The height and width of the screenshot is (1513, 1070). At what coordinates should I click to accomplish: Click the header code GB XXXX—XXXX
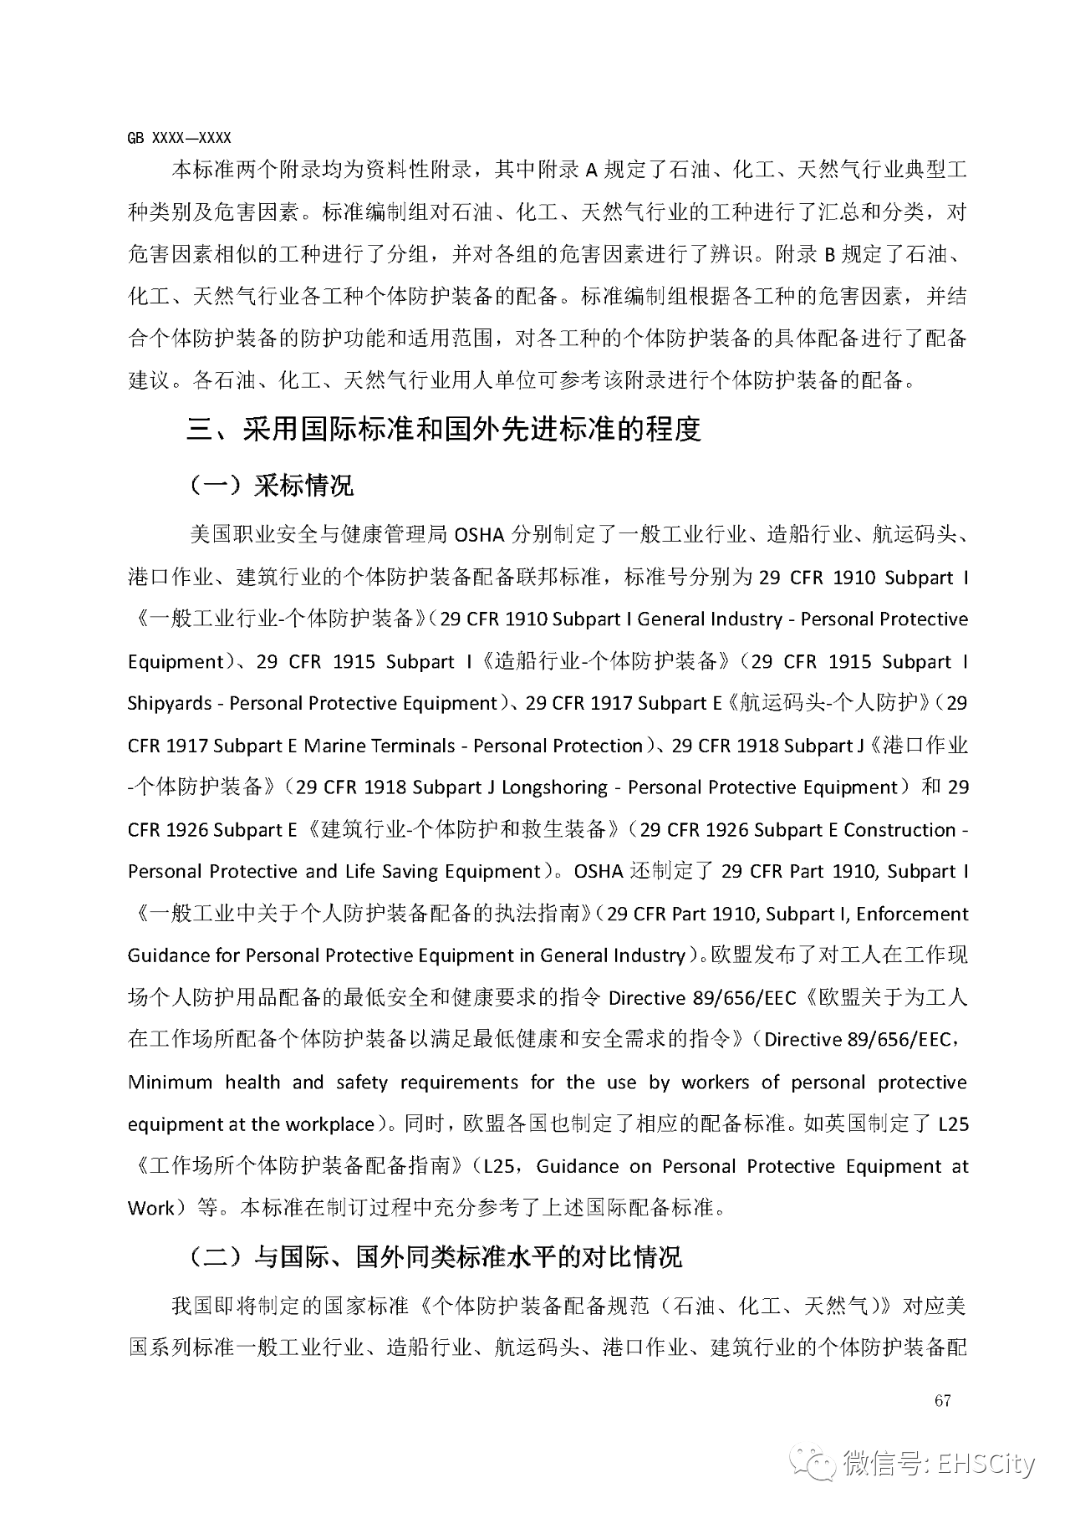coord(179,138)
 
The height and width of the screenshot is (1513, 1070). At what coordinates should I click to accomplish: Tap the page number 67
coord(943,1401)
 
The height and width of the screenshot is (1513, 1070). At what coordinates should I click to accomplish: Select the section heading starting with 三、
coord(443,429)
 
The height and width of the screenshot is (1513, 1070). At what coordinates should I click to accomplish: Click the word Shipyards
coord(170,704)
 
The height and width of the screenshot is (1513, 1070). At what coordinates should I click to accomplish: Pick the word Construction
coord(899,830)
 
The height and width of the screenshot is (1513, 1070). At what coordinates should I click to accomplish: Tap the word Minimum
coord(170,1083)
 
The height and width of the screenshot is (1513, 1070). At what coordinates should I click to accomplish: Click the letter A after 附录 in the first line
coord(590,171)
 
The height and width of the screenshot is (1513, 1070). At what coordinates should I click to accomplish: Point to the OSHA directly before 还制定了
coord(599,872)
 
